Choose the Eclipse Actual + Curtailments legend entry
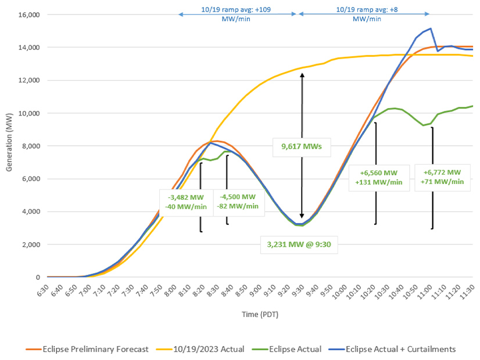click(x=400, y=349)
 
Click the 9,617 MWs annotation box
click(x=302, y=147)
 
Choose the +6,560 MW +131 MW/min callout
click(x=377, y=177)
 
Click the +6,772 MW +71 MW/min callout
click(x=443, y=177)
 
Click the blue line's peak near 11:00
click(x=430, y=28)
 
